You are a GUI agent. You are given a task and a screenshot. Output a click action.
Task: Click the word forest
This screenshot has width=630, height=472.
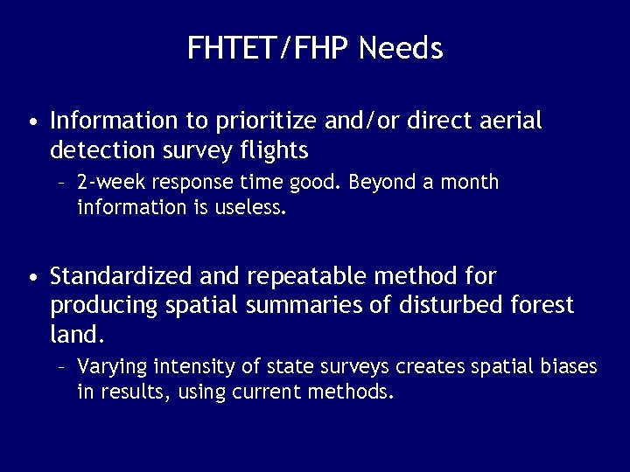pos(542,305)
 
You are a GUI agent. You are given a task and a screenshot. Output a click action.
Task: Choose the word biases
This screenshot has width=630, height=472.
pos(569,365)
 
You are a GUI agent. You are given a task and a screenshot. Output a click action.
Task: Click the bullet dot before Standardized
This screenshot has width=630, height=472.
pos(32,279)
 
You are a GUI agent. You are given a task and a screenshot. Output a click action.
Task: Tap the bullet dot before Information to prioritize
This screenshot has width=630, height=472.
pos(32,122)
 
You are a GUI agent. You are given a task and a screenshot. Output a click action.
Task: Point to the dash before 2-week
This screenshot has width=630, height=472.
pos(62,184)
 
